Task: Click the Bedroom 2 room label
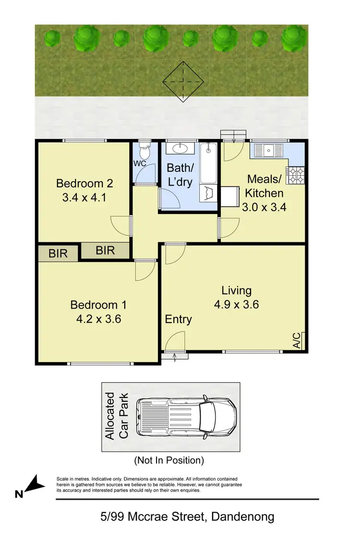pos(84,183)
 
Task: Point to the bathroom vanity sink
pos(180,148)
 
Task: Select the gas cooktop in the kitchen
pos(295,175)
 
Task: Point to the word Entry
pos(179,319)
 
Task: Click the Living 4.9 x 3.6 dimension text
pos(236,304)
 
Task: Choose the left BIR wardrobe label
pos(58,253)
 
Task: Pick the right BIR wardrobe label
pos(105,250)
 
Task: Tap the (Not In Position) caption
pos(169,460)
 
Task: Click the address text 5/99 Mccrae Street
pos(187,517)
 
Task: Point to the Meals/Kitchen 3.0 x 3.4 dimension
pos(265,207)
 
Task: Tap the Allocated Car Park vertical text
pos(117,416)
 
